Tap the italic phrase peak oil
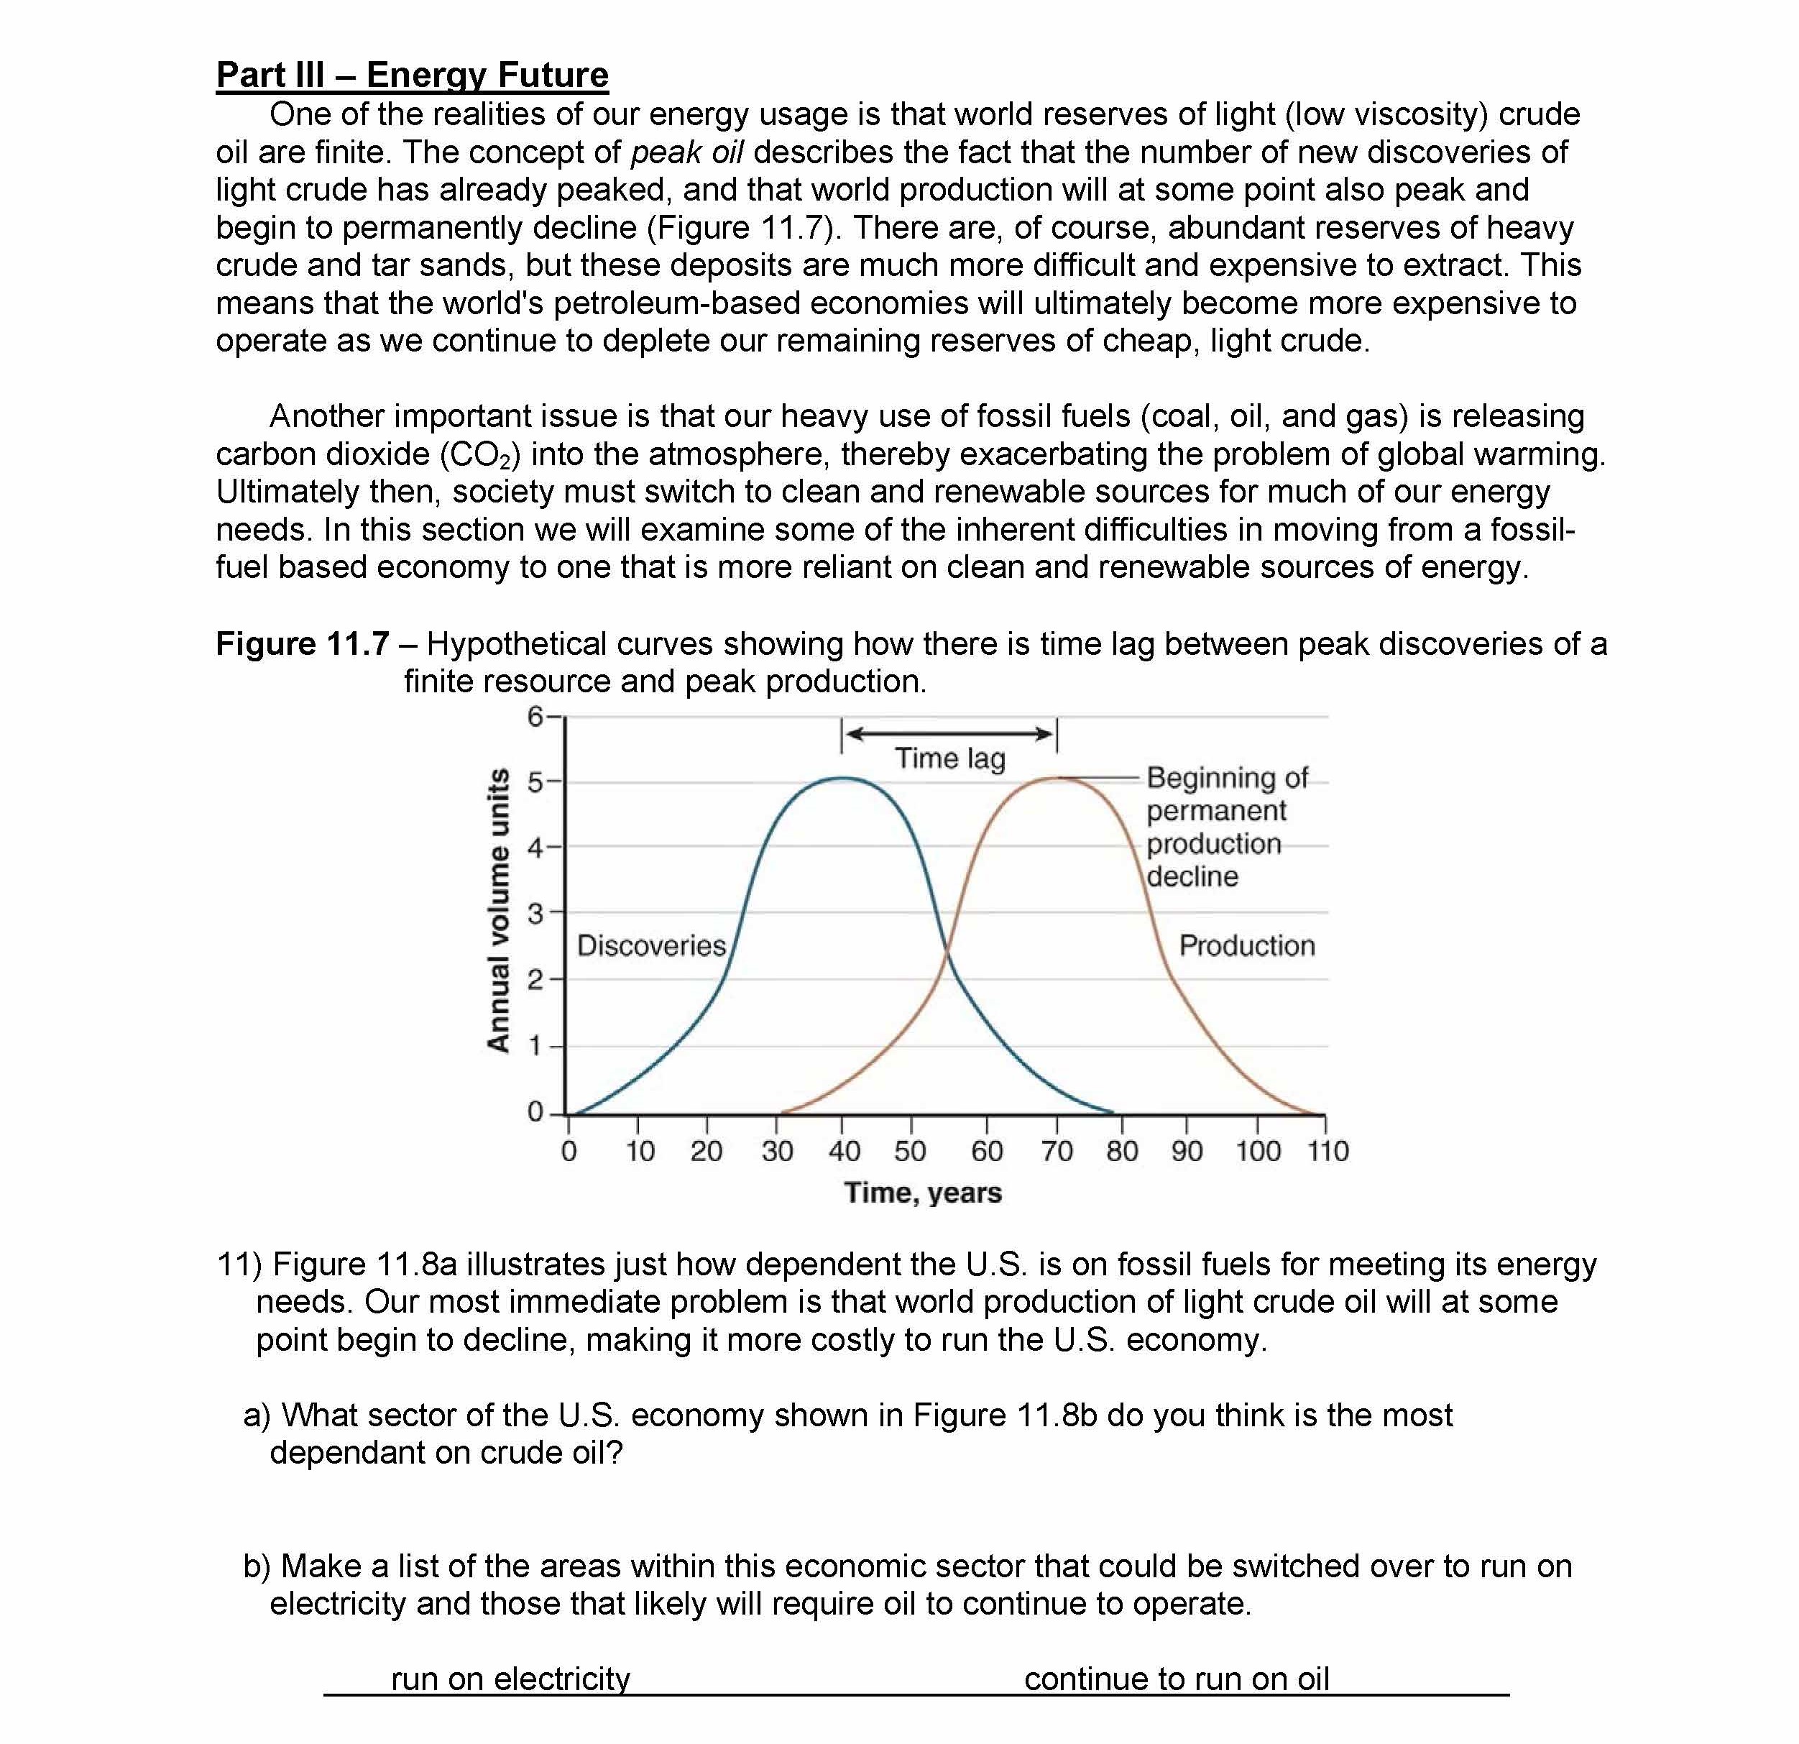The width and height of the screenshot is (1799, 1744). pyautogui.click(x=686, y=152)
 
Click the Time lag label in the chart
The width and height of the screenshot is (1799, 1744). pyautogui.click(x=950, y=759)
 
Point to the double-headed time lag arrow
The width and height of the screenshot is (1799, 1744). pyautogui.click(x=949, y=733)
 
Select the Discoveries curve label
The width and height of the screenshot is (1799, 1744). pyautogui.click(x=650, y=945)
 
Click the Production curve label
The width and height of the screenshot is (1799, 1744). pyautogui.click(x=1246, y=945)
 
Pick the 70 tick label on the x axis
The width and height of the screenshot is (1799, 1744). pyautogui.click(x=1057, y=1151)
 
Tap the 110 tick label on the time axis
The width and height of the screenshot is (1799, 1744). pyautogui.click(x=1328, y=1151)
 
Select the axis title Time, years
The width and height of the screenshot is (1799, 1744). pyautogui.click(x=922, y=1193)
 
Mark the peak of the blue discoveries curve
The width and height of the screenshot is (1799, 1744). pyautogui.click(x=842, y=779)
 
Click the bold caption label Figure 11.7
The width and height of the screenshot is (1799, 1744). pyautogui.click(x=302, y=644)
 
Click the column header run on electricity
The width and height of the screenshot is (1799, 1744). pyautogui.click(x=510, y=1679)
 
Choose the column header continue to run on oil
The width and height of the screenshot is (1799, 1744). pyautogui.click(x=1176, y=1679)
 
